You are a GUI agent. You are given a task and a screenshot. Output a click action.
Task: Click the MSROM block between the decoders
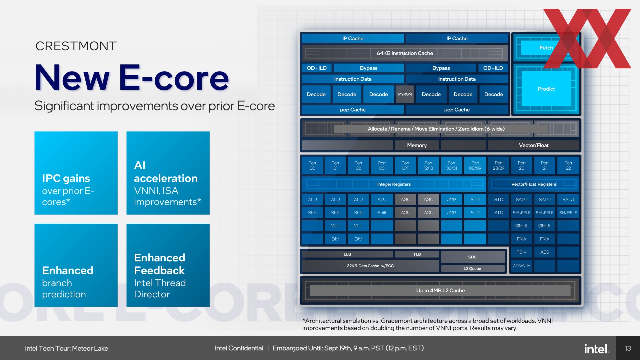(x=405, y=94)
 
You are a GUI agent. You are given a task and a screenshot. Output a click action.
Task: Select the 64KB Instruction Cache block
(x=405, y=53)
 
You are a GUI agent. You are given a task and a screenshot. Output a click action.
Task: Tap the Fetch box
(x=546, y=48)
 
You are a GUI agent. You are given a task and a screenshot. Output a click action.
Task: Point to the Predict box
(x=546, y=89)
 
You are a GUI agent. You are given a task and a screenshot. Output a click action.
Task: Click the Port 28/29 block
(x=498, y=166)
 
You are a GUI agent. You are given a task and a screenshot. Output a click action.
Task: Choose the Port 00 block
(x=312, y=166)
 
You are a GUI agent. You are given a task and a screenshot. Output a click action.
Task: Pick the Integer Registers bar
(x=394, y=184)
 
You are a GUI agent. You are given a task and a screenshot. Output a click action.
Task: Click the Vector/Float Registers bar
(x=533, y=184)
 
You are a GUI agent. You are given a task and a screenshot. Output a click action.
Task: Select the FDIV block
(x=521, y=252)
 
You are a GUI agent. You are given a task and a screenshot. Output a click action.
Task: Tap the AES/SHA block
(x=521, y=266)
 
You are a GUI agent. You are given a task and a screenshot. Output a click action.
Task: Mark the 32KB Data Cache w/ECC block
(x=370, y=266)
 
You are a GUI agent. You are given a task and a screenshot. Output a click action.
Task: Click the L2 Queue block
(x=472, y=269)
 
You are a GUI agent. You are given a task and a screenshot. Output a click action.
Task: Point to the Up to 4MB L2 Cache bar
(x=440, y=291)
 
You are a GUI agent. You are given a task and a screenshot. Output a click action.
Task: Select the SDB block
(x=472, y=257)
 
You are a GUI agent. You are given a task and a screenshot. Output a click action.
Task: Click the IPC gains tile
(x=76, y=173)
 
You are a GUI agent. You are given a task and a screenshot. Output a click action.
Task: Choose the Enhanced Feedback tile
(x=168, y=265)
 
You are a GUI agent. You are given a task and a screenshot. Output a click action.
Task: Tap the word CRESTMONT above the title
(x=76, y=46)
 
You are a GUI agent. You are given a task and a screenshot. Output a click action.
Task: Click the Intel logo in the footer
(x=597, y=349)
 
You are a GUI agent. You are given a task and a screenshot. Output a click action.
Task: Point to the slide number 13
(x=628, y=348)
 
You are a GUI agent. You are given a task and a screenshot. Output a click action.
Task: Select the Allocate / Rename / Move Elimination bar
(x=436, y=129)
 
